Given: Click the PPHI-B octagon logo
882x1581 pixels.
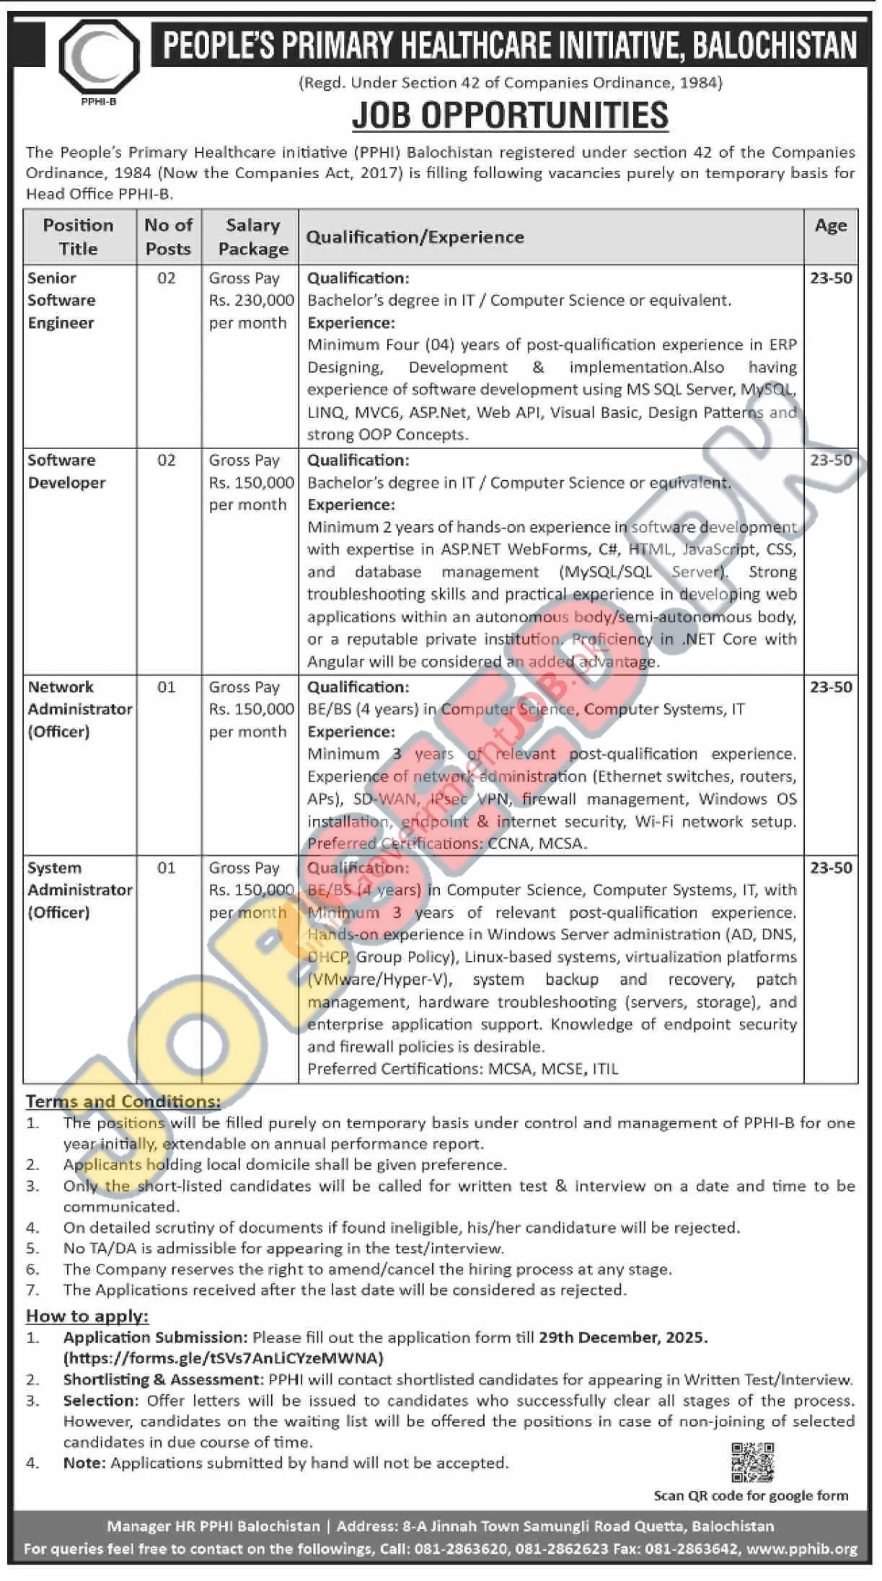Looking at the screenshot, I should pyautogui.click(x=99, y=57).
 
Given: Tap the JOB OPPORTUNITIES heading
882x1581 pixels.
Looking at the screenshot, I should pyautogui.click(x=510, y=115).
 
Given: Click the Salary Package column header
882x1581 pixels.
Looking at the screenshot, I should pyautogui.click(x=252, y=236).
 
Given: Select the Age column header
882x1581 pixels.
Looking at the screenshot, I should pyautogui.click(x=830, y=226).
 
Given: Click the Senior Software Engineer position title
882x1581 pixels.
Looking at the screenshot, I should pyautogui.click(x=61, y=300).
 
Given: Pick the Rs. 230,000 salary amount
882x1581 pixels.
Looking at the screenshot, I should pyautogui.click(x=251, y=300).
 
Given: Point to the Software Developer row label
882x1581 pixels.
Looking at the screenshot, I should pyautogui.click(x=66, y=471).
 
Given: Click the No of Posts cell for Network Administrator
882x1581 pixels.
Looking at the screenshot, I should pyautogui.click(x=167, y=687).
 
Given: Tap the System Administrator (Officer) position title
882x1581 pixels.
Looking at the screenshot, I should pyautogui.click(x=79, y=890).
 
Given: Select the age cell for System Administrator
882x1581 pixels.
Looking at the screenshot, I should pyautogui.click(x=831, y=867).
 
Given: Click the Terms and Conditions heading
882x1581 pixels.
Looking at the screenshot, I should pyautogui.click(x=123, y=1101).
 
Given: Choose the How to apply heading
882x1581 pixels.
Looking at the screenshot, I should pyautogui.click(x=87, y=1316).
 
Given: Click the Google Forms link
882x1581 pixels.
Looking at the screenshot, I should pyautogui.click(x=224, y=1358).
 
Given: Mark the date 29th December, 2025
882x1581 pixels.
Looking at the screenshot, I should pyautogui.click(x=622, y=1337).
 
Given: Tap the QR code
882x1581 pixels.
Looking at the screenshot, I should pyautogui.click(x=752, y=1462).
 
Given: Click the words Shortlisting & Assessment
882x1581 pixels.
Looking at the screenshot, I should pyautogui.click(x=162, y=1379).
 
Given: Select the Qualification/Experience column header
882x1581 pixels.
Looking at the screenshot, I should pyautogui.click(x=415, y=237).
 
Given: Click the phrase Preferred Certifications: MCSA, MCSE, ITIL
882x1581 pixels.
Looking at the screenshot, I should pyautogui.click(x=463, y=1068).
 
